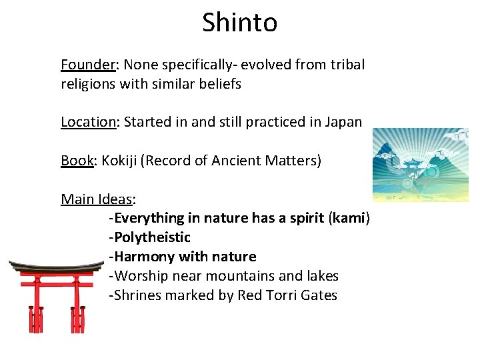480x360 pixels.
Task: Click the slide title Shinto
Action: [240, 23]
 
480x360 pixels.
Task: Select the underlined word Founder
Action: [88, 65]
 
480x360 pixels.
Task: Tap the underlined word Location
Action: [88, 122]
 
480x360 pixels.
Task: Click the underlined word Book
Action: [77, 161]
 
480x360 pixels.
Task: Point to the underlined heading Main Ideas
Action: [97, 199]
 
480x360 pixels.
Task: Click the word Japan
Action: [343, 122]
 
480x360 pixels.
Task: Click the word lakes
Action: [321, 276]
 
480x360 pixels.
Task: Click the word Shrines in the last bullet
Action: [135, 295]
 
